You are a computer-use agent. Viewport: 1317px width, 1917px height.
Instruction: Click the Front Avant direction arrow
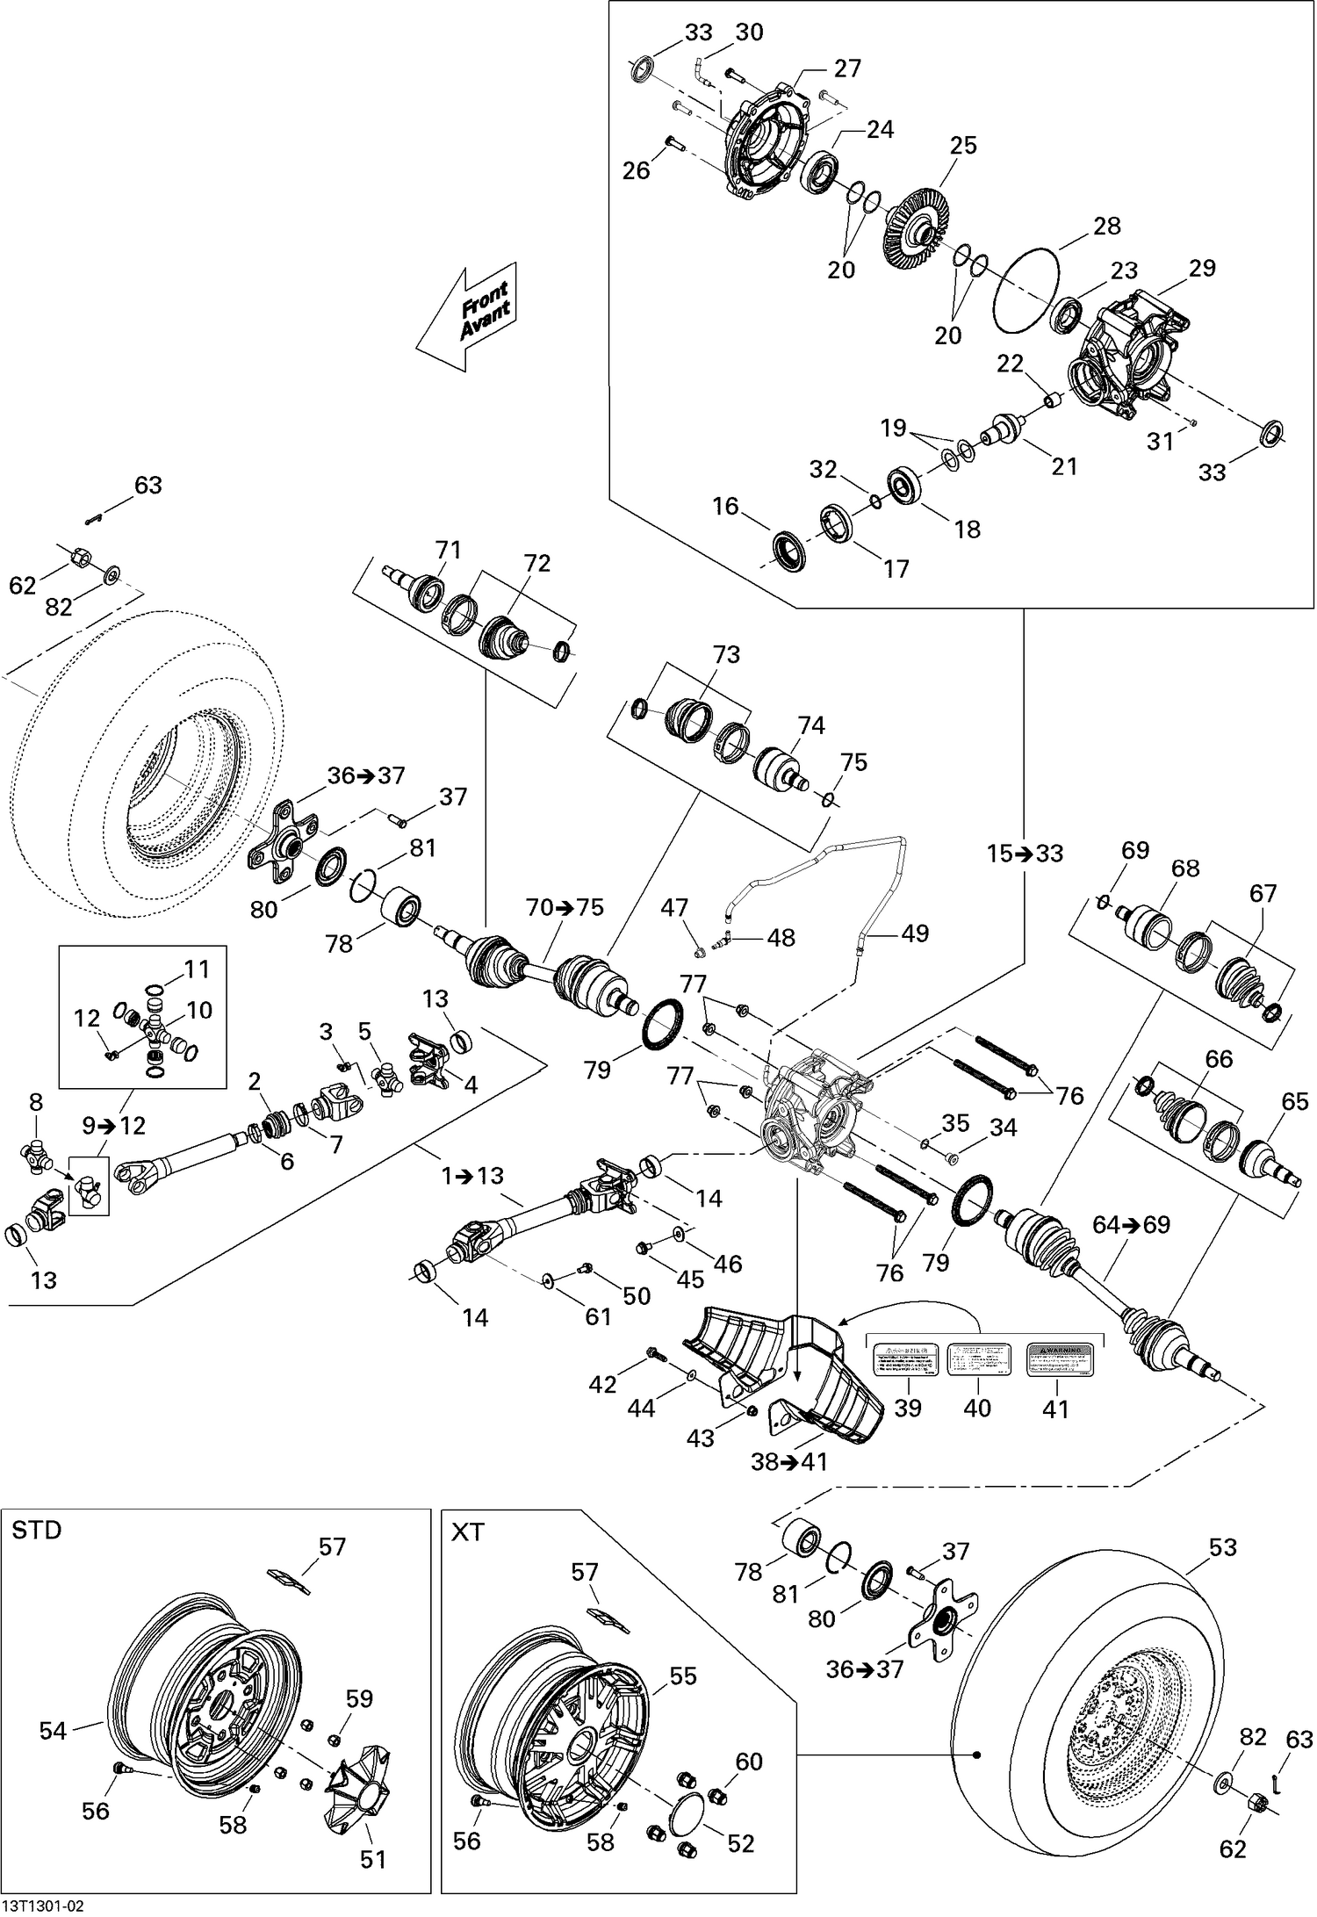(x=471, y=316)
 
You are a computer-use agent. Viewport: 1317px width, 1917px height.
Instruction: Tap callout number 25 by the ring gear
(x=963, y=145)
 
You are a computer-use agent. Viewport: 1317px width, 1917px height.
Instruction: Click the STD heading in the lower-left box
(x=37, y=1531)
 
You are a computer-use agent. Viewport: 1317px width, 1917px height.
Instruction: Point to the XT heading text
(x=467, y=1532)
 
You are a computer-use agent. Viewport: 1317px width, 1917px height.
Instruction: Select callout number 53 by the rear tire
(x=1223, y=1547)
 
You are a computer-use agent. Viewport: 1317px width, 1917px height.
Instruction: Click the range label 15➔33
(x=1025, y=853)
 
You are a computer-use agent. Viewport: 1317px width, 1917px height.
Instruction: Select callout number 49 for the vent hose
(x=915, y=933)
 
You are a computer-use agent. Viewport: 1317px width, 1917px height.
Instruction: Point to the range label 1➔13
(x=473, y=1175)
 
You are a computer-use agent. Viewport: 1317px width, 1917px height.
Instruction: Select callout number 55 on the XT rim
(x=682, y=1676)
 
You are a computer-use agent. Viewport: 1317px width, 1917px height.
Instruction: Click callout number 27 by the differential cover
(x=847, y=68)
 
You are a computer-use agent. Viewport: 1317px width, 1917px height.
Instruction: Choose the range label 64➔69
(x=1131, y=1224)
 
